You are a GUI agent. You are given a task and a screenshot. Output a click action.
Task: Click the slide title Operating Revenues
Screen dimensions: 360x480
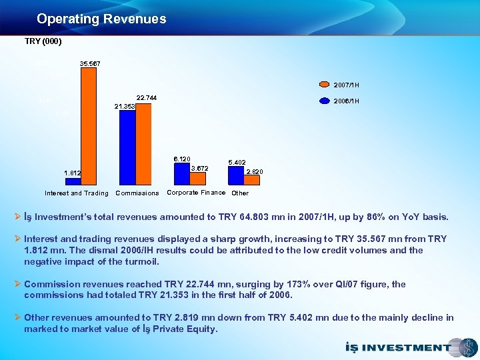[x=101, y=19]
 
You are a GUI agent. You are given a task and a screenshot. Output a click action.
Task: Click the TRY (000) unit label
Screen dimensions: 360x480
[x=43, y=41]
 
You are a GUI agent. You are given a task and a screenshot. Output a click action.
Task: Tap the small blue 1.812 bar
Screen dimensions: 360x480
[x=73, y=181]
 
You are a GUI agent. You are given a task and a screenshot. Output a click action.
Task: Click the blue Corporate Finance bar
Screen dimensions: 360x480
[x=182, y=173]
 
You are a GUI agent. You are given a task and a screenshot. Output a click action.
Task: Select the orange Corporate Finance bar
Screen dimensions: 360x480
[x=197, y=178]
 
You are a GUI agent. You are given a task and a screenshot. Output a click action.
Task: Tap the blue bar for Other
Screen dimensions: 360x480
[x=236, y=175]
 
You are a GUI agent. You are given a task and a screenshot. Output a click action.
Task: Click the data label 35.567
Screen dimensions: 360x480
[x=90, y=63]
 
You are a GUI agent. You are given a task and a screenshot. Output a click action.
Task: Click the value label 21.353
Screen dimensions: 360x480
[x=125, y=106]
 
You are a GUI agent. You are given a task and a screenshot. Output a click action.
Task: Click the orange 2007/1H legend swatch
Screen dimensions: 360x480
[x=325, y=85]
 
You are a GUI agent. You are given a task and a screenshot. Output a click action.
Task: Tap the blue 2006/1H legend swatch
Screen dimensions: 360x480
[x=325, y=101]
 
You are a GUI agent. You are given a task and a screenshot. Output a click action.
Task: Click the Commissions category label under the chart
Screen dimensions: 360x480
[x=137, y=193]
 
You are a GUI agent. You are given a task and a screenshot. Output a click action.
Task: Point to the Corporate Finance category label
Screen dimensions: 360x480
[x=196, y=193]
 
